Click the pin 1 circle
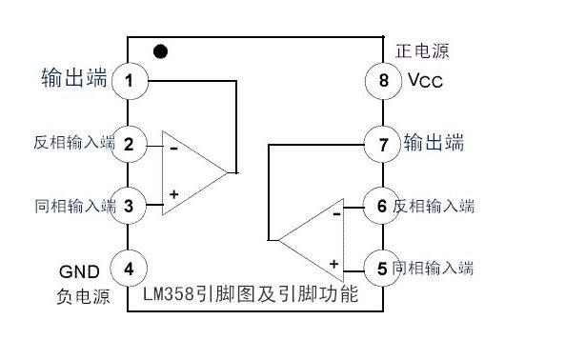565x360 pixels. pyautogui.click(x=129, y=80)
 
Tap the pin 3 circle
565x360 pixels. pyautogui.click(x=129, y=204)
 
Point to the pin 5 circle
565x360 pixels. pyautogui.click(x=382, y=269)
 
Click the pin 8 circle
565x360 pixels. pyautogui.click(x=382, y=80)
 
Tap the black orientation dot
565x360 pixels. pyautogui.click(x=160, y=50)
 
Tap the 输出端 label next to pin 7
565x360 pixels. pyautogui.click(x=434, y=144)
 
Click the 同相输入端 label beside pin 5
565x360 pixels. pyautogui.click(x=434, y=269)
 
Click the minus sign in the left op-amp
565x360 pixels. pyautogui.click(x=174, y=148)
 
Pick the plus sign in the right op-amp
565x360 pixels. pyautogui.click(x=334, y=263)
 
